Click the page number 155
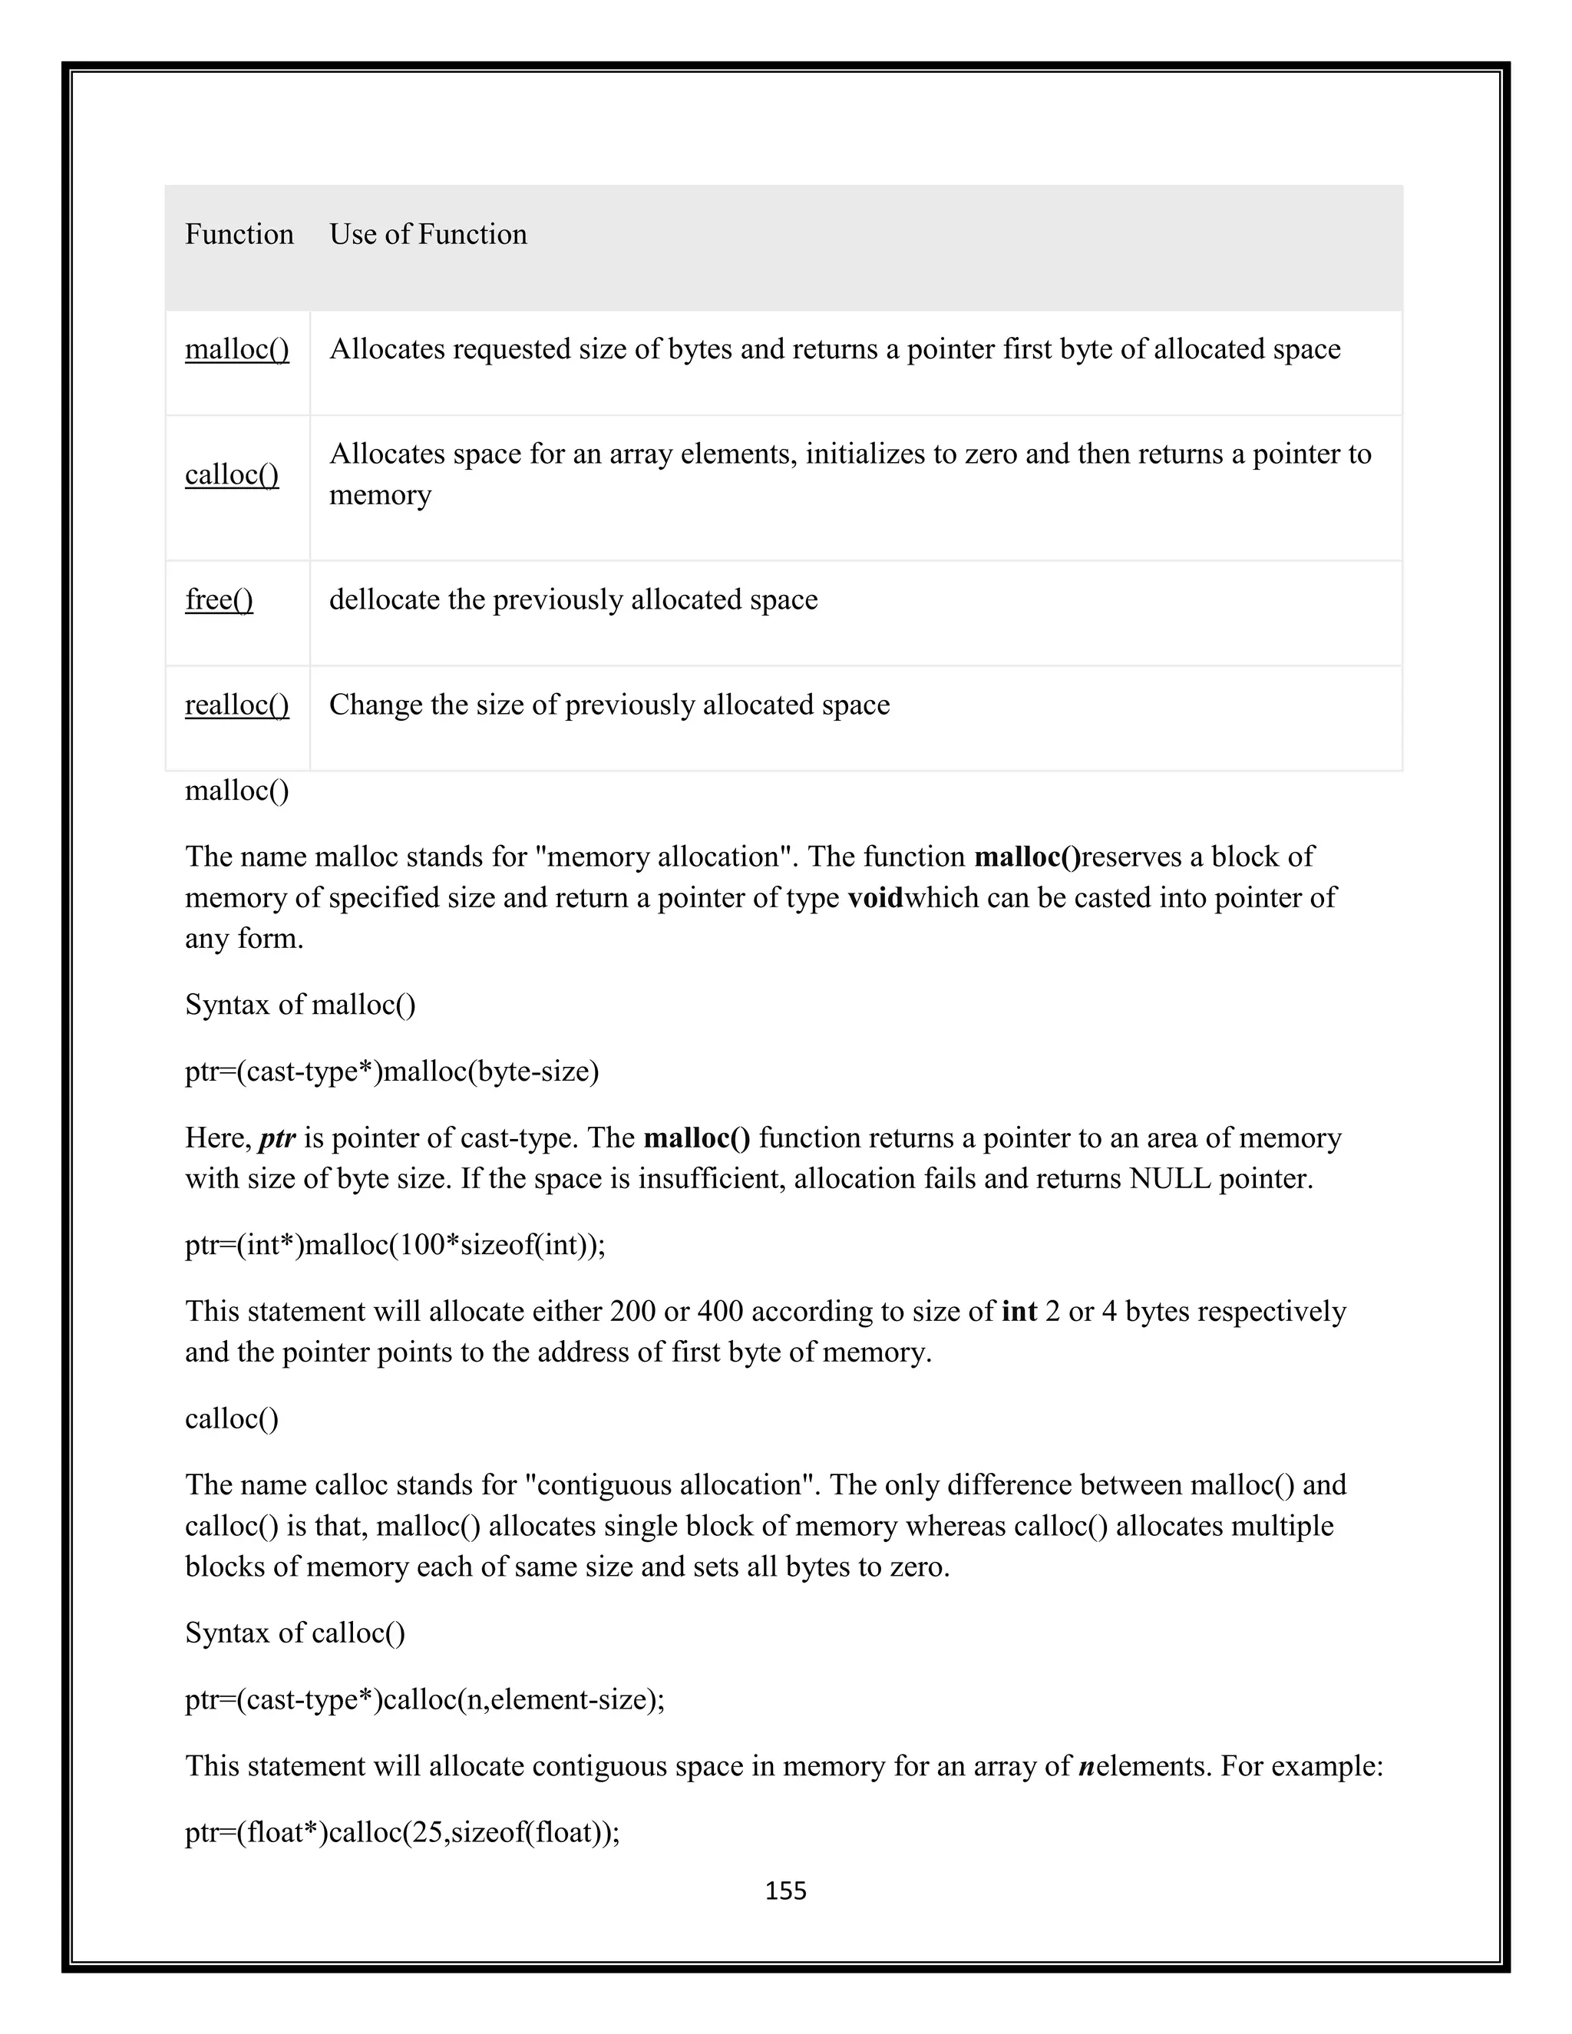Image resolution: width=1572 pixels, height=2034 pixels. (x=785, y=1890)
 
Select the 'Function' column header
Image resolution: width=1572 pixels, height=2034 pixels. (x=239, y=235)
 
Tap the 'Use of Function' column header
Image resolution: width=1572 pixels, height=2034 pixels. (x=428, y=235)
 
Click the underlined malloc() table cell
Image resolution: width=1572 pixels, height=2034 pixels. (x=236, y=350)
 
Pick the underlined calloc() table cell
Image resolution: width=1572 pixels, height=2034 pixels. (x=232, y=475)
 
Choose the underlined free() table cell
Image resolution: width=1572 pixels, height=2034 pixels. (x=219, y=599)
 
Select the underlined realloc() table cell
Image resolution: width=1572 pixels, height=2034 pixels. (x=236, y=705)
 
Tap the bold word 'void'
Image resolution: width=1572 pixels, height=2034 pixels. (x=874, y=898)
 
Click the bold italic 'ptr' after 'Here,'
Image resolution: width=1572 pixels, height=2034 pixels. (x=276, y=1138)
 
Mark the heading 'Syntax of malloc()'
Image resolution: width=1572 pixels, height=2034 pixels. (x=300, y=1005)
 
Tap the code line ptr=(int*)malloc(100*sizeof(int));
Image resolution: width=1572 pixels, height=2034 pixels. (x=395, y=1245)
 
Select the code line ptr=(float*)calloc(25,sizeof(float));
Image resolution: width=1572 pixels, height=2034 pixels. (x=402, y=1832)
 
